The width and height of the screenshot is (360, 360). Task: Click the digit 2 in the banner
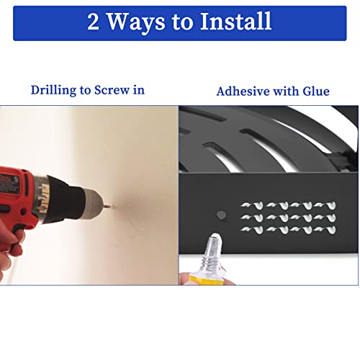click(x=93, y=22)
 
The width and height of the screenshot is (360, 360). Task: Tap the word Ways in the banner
click(x=135, y=23)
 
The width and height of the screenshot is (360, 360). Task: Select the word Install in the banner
click(x=235, y=21)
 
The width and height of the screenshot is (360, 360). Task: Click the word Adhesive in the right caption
click(x=243, y=91)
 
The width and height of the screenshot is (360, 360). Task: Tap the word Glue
click(x=316, y=91)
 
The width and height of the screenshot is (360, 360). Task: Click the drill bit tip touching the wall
click(x=113, y=205)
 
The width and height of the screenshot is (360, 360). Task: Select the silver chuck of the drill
click(x=92, y=201)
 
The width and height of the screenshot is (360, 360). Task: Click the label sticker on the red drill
click(x=9, y=184)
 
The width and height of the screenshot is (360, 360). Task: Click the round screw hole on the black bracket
click(x=221, y=215)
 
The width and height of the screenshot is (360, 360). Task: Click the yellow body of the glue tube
click(x=207, y=280)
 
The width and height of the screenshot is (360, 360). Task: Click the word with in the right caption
click(x=286, y=91)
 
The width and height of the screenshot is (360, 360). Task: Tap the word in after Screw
click(x=138, y=90)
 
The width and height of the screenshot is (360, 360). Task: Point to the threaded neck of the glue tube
click(x=211, y=262)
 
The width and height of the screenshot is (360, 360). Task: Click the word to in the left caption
click(x=85, y=91)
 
